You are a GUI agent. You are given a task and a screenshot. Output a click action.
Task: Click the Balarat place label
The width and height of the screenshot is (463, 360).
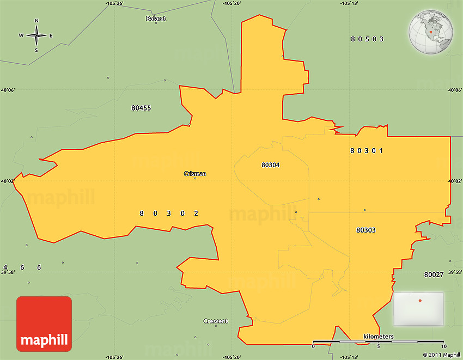(156, 19)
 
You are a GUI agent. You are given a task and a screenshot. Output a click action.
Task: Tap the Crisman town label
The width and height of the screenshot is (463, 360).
(195, 174)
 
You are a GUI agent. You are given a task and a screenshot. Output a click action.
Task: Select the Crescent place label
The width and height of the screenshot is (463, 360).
(216, 321)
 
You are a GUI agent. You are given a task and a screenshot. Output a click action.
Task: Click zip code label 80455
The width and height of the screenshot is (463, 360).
(141, 108)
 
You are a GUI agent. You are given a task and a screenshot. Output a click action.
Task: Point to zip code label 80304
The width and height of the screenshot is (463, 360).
(271, 164)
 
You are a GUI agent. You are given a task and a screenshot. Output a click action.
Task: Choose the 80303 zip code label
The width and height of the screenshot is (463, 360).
(366, 230)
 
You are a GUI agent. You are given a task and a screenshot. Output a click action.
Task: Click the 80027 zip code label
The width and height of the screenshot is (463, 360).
(434, 274)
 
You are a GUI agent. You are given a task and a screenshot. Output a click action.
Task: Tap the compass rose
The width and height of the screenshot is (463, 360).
(36, 36)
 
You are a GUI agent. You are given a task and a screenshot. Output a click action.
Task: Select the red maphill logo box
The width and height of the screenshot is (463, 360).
(44, 324)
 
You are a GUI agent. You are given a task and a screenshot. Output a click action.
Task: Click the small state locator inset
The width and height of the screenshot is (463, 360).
(418, 309)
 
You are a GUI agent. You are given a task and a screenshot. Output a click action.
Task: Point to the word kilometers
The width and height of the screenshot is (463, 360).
(379, 337)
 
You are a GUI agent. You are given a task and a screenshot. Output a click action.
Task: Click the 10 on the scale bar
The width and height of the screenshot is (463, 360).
(444, 347)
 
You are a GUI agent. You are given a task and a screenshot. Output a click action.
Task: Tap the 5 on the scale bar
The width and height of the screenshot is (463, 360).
(379, 347)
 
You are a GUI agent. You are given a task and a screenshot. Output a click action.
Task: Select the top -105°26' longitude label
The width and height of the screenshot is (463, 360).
(115, 3)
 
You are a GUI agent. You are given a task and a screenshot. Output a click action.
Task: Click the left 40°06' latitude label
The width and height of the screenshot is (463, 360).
(8, 90)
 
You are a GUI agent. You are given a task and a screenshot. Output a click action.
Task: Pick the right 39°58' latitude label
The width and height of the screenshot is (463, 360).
(454, 272)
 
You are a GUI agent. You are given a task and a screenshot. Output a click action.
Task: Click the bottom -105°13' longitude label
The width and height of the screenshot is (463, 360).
(349, 357)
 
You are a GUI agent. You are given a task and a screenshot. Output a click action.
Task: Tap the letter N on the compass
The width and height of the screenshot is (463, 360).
(36, 21)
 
